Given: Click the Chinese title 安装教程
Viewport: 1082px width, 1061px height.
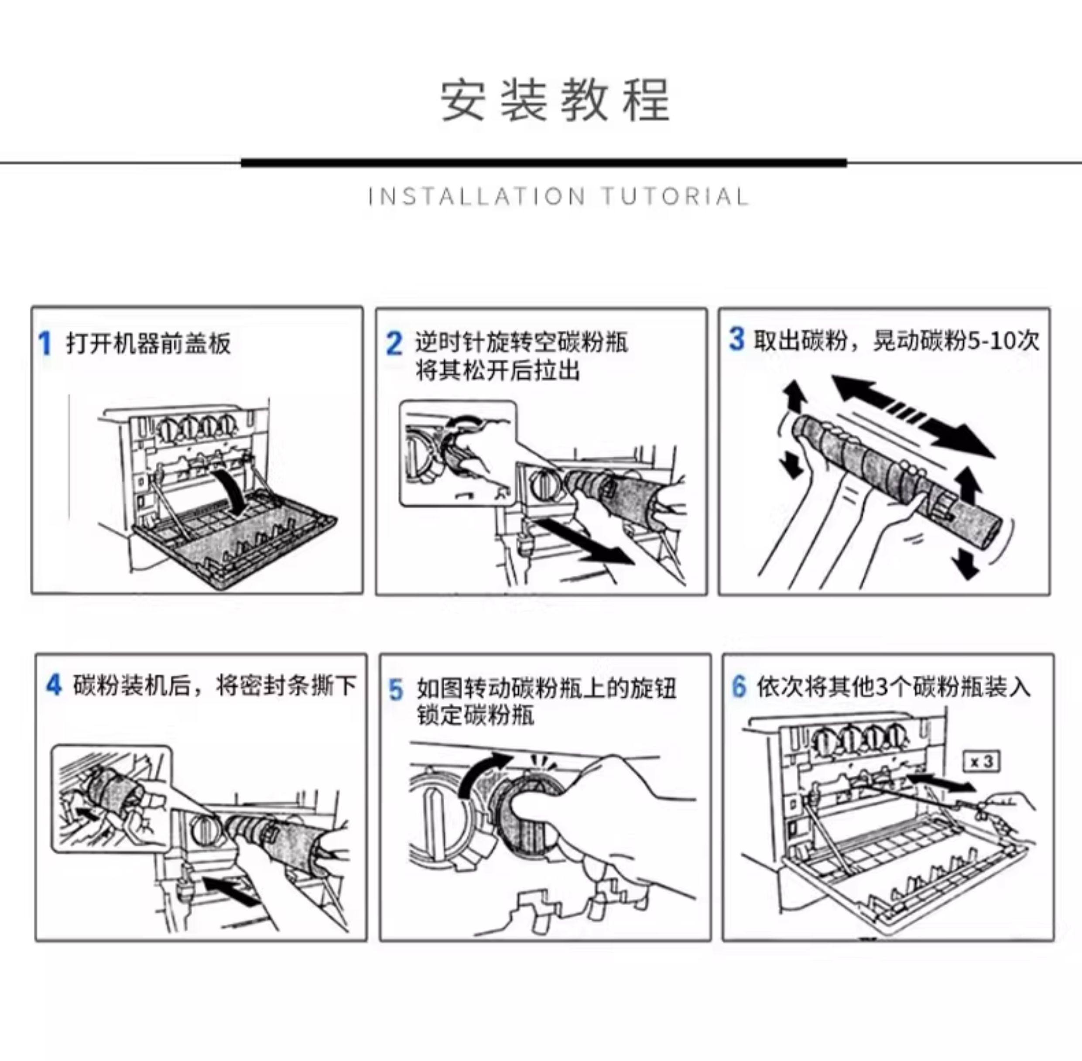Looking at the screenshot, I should (555, 100).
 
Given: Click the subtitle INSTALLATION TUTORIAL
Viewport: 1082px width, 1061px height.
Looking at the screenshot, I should (558, 197).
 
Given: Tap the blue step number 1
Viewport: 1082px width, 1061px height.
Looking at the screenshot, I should (45, 343).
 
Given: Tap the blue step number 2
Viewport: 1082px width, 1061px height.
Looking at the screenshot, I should (394, 343).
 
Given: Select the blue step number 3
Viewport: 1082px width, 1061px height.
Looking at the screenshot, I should (736, 339).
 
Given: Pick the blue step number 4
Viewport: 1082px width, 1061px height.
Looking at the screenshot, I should (54, 685).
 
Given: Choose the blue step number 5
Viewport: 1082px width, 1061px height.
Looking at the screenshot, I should (396, 690).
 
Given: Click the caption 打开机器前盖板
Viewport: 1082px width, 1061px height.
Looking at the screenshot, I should (148, 343).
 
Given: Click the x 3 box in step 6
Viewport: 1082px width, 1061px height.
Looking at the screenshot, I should (982, 761).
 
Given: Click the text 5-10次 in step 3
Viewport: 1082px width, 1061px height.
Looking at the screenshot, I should (1003, 340).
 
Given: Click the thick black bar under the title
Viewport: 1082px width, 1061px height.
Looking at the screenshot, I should (544, 163).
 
